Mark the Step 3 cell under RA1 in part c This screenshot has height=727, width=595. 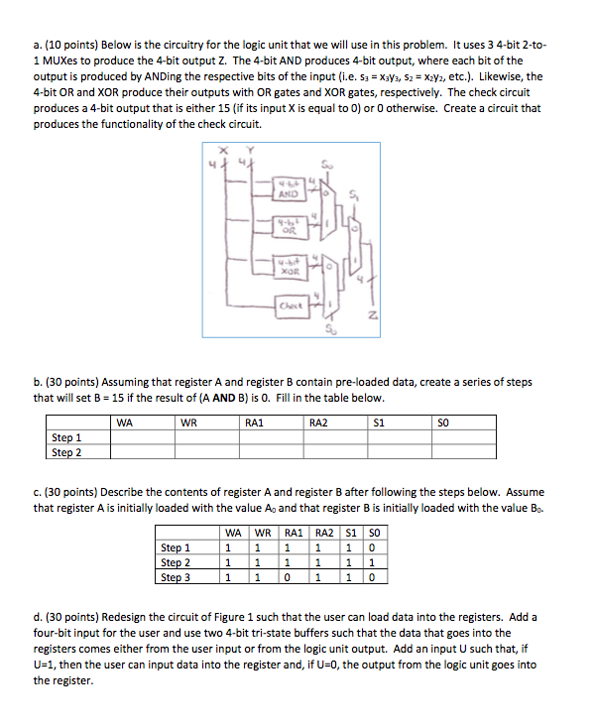coord(289,577)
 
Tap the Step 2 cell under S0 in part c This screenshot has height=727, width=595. coord(369,562)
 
